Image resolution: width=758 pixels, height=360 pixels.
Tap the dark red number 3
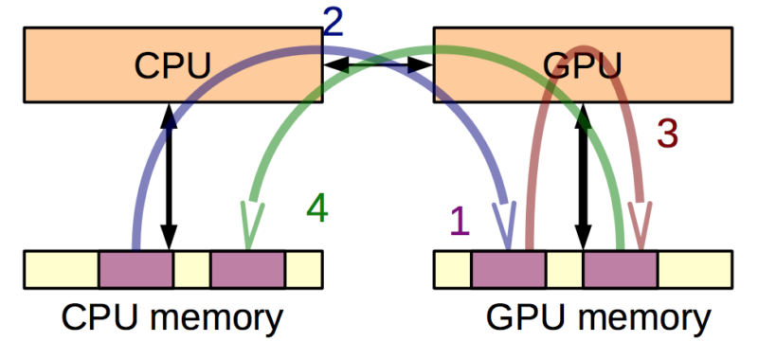668,135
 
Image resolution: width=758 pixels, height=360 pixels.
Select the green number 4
316,207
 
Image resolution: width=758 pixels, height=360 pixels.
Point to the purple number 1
459,221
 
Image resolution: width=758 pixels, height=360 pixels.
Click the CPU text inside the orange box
171,66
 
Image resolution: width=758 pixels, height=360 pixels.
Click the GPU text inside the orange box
583,66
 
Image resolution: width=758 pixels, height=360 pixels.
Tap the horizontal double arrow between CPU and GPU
379,65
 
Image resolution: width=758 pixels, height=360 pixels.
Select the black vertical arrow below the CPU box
169,175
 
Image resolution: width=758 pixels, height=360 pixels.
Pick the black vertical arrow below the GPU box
584,175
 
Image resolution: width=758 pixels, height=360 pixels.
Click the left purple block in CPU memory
135,269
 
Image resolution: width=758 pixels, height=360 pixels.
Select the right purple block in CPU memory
247,269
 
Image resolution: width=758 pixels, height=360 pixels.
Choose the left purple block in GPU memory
509,269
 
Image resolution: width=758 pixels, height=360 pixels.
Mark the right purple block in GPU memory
621,269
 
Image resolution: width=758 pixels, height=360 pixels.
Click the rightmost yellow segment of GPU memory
695,269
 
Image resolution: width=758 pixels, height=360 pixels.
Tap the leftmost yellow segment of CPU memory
61,269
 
